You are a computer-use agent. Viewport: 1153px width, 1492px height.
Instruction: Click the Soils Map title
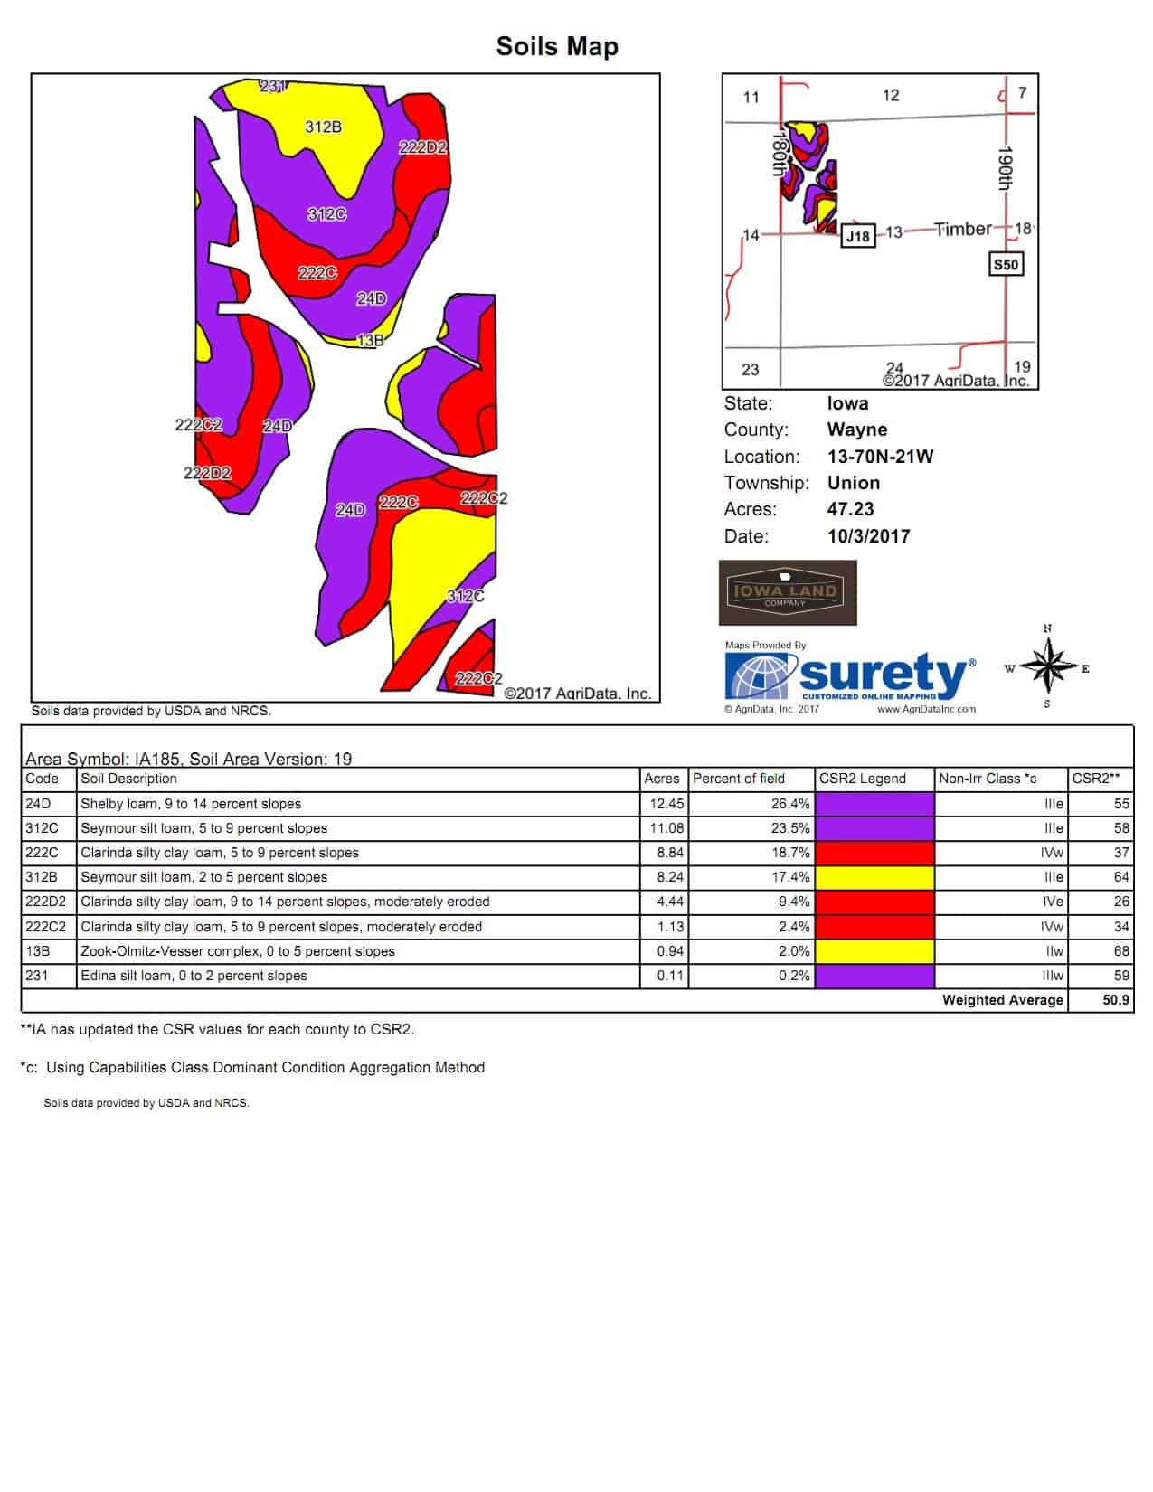pos(557,47)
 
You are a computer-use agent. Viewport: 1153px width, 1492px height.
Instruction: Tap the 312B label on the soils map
pos(323,127)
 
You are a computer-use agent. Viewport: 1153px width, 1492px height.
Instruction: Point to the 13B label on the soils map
pos(371,341)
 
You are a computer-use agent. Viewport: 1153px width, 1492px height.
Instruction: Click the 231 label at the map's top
pos(273,87)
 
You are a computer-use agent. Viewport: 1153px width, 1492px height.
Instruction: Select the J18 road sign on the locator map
pos(857,237)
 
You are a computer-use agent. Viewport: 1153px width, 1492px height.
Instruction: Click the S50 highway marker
pos(1006,265)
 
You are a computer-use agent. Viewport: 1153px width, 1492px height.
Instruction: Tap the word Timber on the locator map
pos(963,230)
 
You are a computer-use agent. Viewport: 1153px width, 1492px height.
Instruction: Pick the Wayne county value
pos(856,430)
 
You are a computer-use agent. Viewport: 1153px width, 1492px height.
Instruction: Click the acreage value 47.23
pos(850,509)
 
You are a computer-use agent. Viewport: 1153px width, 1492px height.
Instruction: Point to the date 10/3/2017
pos(868,536)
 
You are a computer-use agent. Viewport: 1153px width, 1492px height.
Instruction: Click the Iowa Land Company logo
pos(788,593)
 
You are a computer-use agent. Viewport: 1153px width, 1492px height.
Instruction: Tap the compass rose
pos(1047,667)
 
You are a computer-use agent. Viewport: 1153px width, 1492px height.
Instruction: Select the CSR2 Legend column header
pos(862,779)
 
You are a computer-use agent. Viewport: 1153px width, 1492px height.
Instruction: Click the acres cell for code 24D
pos(666,804)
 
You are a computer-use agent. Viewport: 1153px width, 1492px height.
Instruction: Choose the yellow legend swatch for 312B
pos(874,877)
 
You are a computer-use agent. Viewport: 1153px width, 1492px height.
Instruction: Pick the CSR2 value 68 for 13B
pos(1121,951)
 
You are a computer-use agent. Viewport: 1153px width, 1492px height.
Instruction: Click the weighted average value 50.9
pos(1116,1000)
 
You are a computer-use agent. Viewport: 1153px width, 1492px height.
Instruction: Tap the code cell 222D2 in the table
pos(46,902)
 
